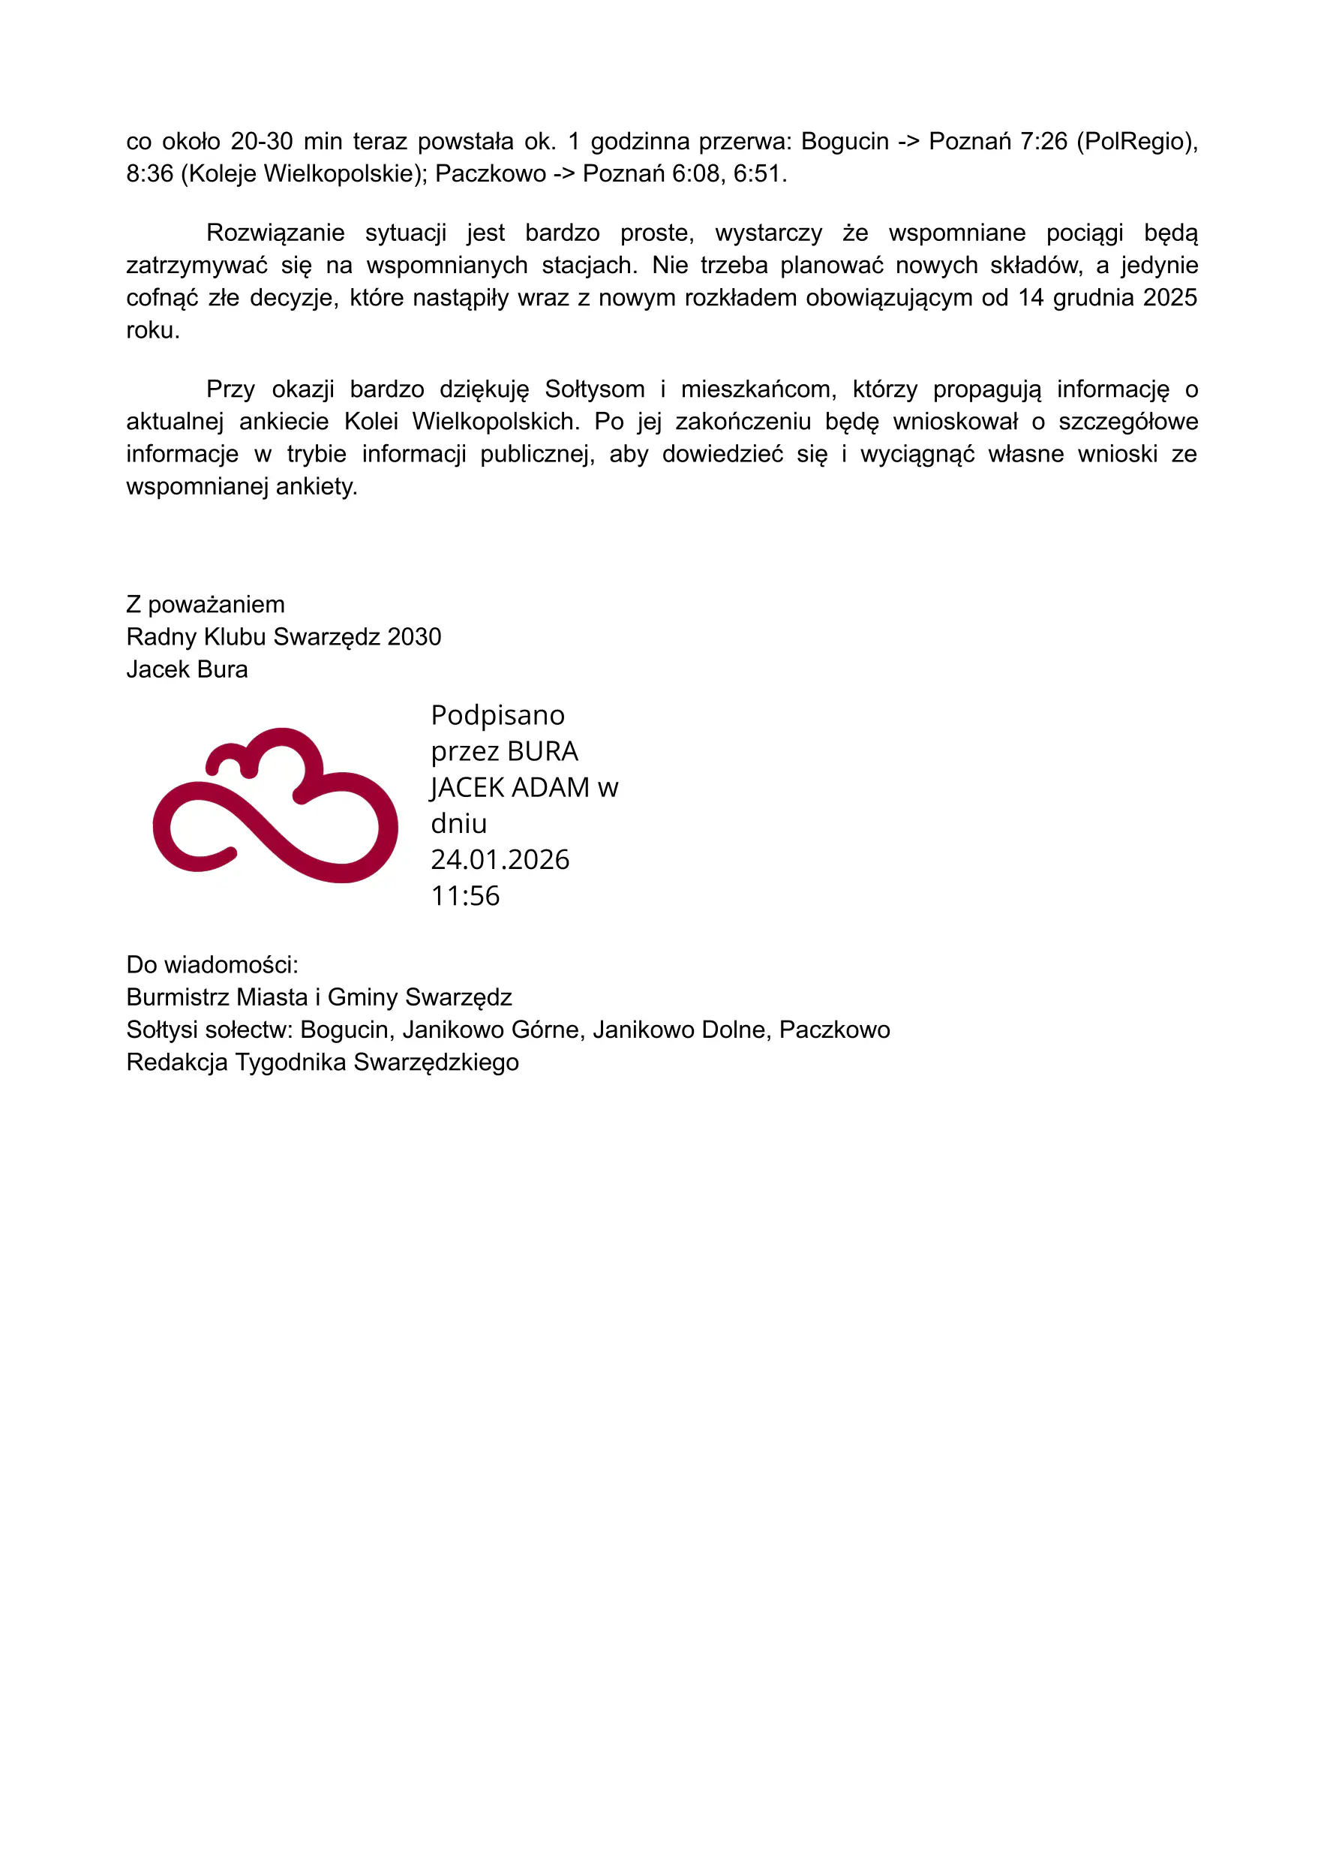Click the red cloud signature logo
point(275,805)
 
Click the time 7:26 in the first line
point(1043,141)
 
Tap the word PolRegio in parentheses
point(1136,141)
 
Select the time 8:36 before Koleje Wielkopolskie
point(149,174)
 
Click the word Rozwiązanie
point(275,233)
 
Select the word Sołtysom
point(594,389)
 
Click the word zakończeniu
point(743,422)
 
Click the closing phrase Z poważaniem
point(206,605)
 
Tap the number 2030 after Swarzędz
point(414,637)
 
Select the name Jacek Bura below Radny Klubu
point(187,669)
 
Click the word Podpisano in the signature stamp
point(497,715)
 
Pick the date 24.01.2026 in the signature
point(500,860)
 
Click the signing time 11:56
point(465,896)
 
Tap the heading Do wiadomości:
point(212,965)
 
